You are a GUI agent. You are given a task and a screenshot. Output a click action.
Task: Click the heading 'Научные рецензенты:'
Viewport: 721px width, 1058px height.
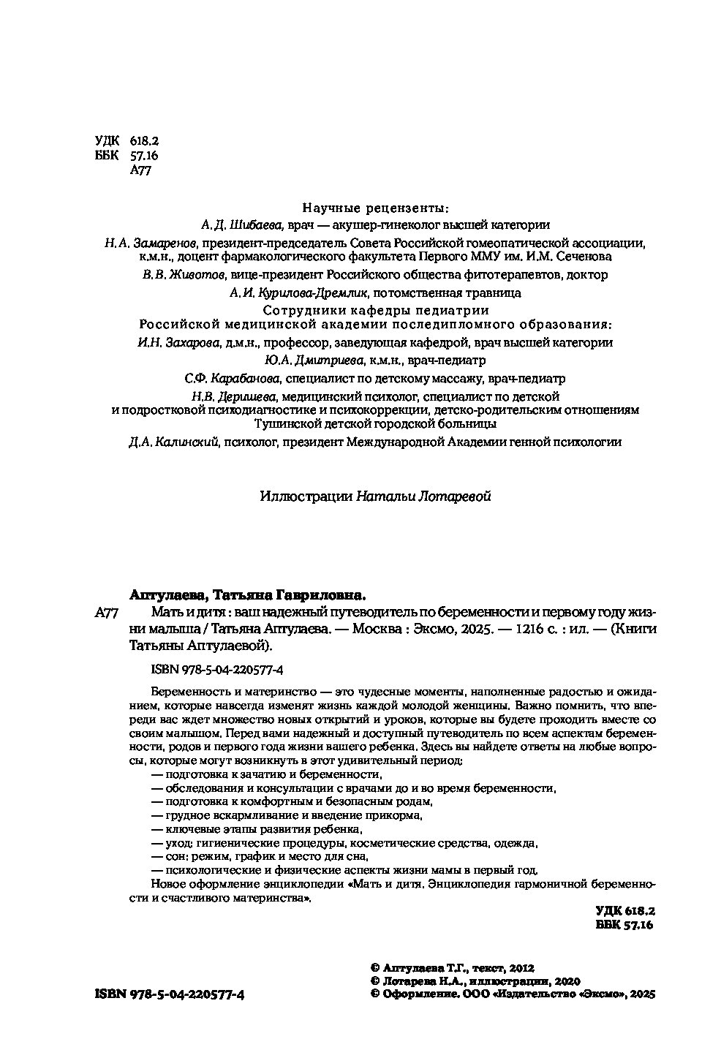(376, 207)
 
